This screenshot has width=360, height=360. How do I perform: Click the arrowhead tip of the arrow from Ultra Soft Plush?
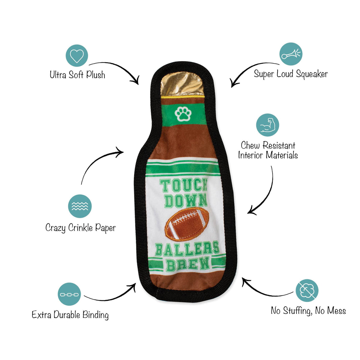(138, 84)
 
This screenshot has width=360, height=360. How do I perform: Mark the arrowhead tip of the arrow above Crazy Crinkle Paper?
(123, 152)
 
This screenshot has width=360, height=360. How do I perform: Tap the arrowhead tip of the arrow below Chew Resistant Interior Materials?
(248, 213)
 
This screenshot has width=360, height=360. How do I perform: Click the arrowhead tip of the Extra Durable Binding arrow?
(135, 284)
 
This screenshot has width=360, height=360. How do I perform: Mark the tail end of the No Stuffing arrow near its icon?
(293, 292)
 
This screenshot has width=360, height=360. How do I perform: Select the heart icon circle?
(77, 55)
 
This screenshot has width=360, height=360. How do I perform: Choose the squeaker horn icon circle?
(291, 54)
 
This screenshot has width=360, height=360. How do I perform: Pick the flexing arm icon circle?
(268, 125)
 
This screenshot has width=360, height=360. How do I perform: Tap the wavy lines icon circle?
(80, 206)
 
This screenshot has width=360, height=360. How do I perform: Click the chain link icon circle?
(69, 295)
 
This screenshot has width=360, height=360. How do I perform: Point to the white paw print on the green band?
(183, 114)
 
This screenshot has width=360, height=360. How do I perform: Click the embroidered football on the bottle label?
(187, 224)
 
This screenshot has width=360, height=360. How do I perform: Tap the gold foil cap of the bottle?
(182, 84)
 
